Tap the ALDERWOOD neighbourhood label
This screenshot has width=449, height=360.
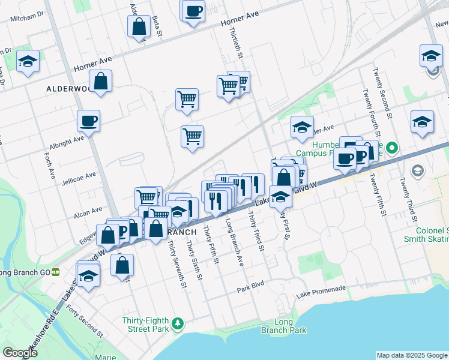pyautogui.click(x=67, y=88)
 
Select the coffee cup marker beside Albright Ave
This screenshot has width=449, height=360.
pyautogui.click(x=88, y=122)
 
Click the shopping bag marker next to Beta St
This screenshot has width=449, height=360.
pyautogui.click(x=139, y=27)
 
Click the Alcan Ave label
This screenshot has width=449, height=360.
pyautogui.click(x=88, y=211)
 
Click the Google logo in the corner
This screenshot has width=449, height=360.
pyautogui.click(x=20, y=353)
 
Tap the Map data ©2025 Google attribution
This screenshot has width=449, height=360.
pyautogui.click(x=412, y=355)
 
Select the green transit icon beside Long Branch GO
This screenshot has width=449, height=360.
pyautogui.click(x=55, y=272)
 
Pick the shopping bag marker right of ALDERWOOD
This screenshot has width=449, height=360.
pyautogui.click(x=100, y=82)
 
